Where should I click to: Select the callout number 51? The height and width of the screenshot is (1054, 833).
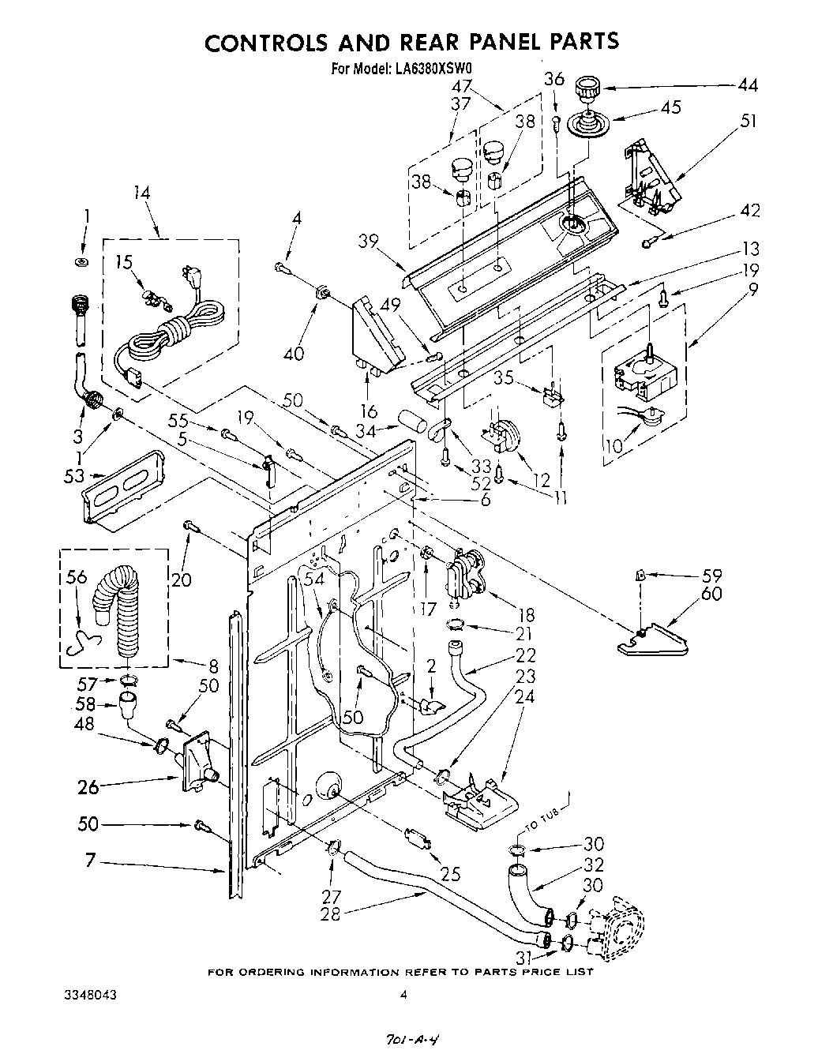748,121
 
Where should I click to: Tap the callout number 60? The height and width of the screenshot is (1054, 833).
711,593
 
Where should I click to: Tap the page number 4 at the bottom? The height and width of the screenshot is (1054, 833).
403,996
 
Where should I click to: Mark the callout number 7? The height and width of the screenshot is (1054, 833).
90,860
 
